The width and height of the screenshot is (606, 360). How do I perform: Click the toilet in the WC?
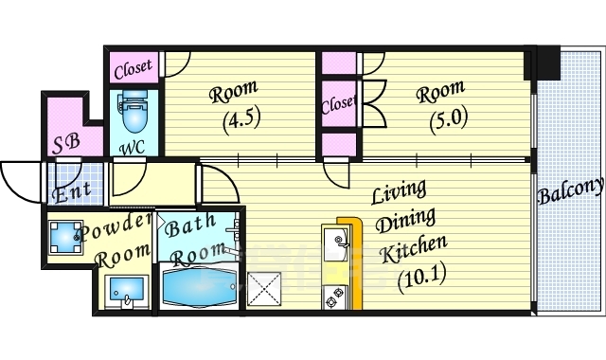[134, 112]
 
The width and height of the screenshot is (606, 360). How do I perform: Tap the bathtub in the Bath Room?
[199, 287]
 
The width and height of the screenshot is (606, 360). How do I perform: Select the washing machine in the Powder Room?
[65, 237]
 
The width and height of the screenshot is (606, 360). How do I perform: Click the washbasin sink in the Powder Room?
[127, 292]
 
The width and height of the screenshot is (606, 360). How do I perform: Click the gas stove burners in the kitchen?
[334, 297]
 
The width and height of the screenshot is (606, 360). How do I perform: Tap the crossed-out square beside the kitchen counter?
[264, 287]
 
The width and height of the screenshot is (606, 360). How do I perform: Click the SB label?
[66, 143]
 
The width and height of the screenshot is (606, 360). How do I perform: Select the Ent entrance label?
[73, 192]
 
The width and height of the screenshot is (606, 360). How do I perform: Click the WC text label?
[133, 148]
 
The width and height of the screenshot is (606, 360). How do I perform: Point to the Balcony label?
[570, 189]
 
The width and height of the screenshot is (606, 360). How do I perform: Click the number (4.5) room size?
[241, 117]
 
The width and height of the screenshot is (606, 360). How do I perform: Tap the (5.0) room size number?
[449, 120]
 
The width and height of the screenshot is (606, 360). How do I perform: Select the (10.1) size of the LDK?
[421, 278]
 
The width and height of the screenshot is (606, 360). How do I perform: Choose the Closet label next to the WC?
[134, 69]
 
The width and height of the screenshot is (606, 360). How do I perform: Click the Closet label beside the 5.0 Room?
[338, 103]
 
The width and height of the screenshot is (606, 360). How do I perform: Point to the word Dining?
[406, 221]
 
